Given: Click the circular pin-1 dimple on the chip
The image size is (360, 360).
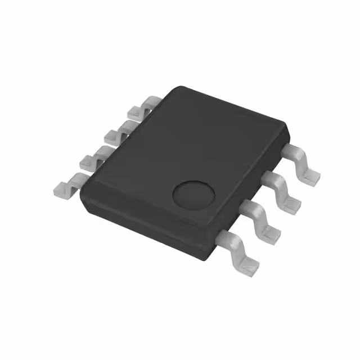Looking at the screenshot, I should pyautogui.click(x=193, y=194).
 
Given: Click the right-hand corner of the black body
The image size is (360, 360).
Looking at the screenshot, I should pyautogui.click(x=289, y=130).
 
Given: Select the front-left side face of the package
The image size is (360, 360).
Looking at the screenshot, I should pyautogui.click(x=141, y=222).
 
